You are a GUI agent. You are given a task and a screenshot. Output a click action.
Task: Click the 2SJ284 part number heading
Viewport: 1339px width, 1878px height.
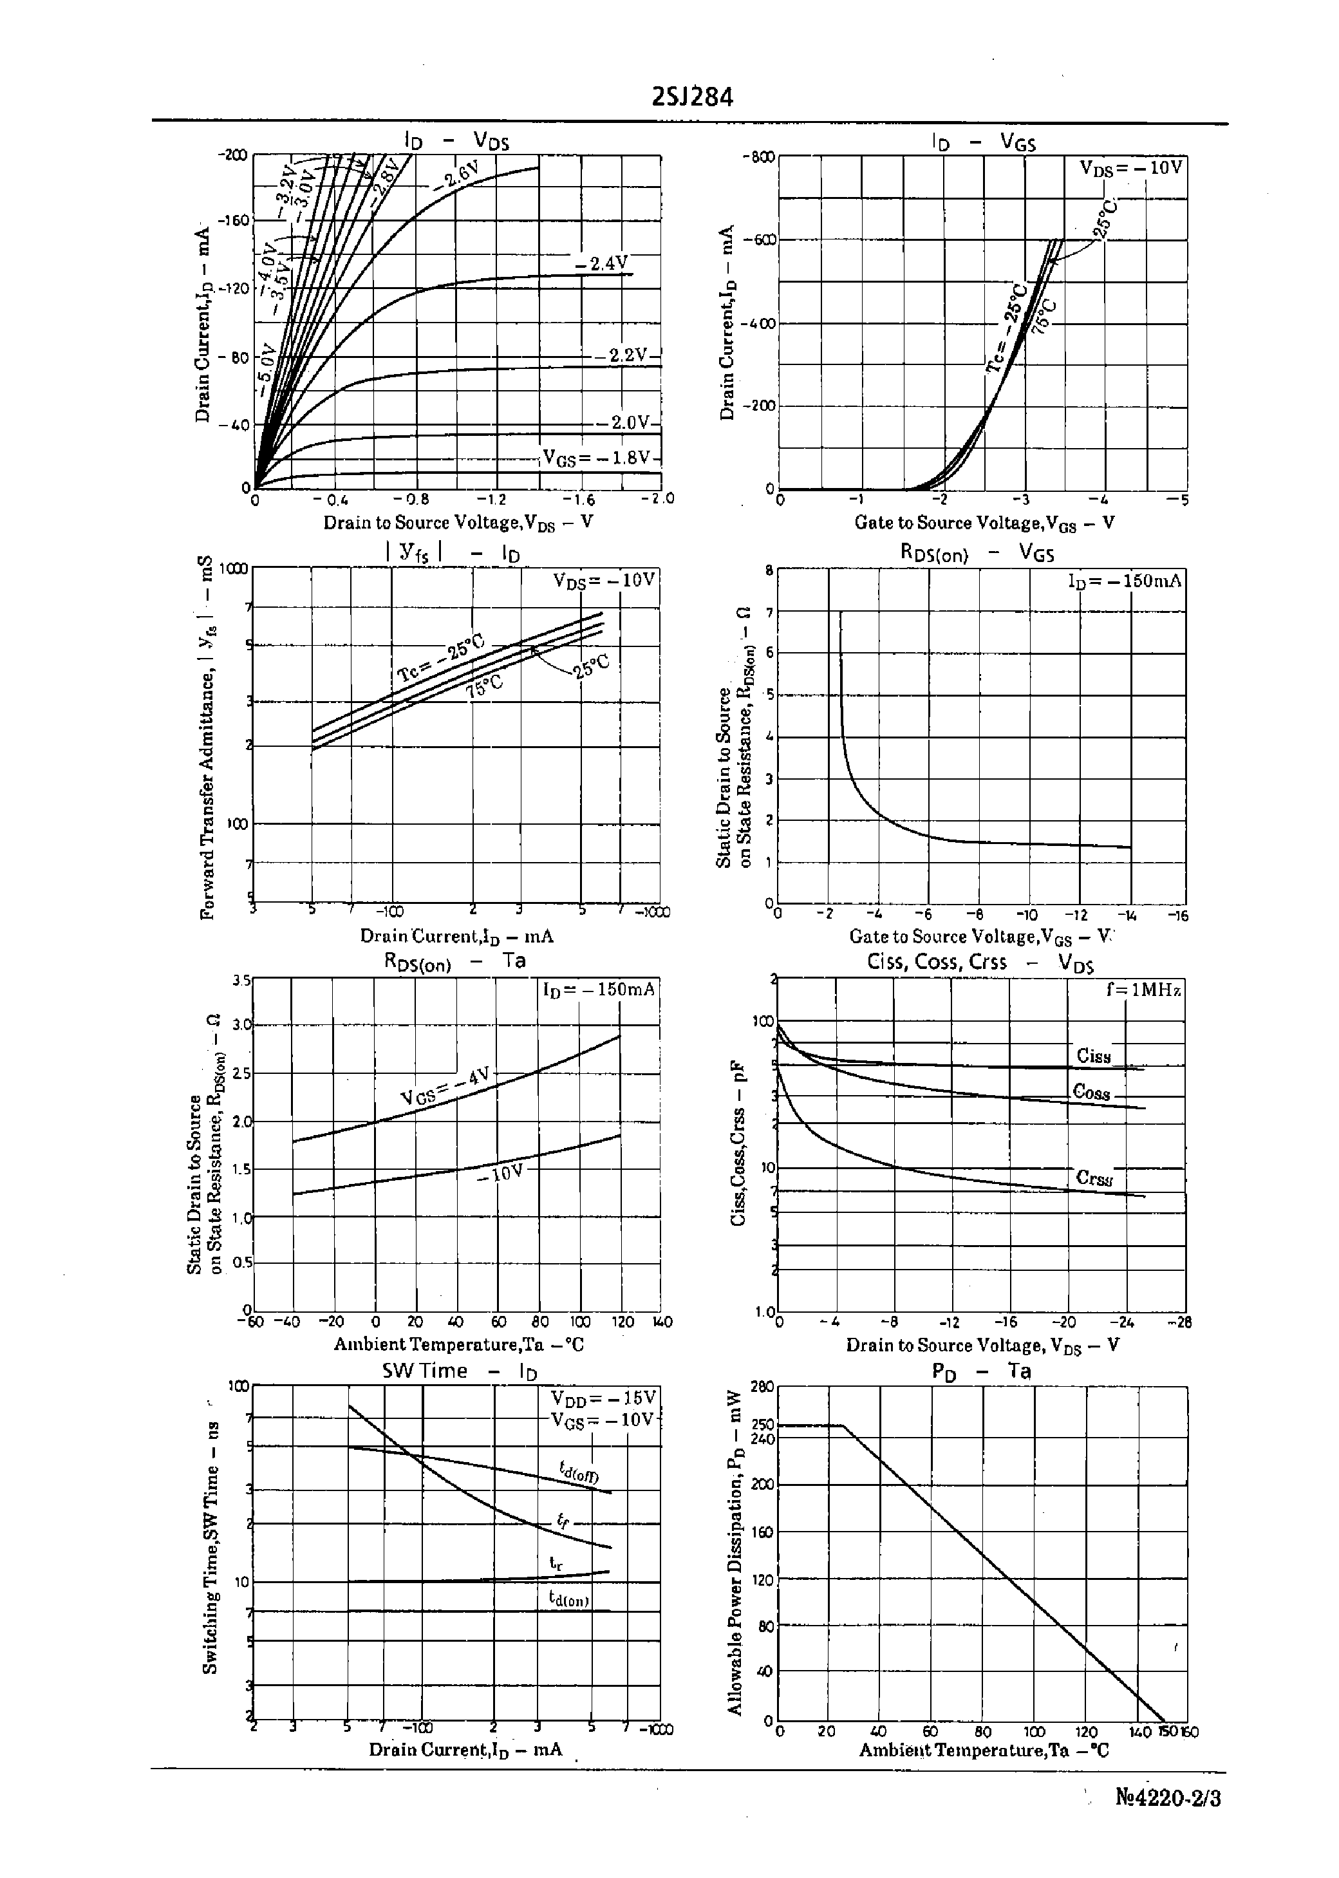(x=692, y=98)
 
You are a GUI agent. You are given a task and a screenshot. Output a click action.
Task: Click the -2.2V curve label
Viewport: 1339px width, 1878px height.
(x=622, y=355)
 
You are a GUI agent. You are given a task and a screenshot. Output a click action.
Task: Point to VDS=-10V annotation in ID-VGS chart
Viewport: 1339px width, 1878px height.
(x=1131, y=167)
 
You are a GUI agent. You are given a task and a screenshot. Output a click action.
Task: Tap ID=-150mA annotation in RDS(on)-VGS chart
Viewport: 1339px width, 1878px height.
(x=1125, y=581)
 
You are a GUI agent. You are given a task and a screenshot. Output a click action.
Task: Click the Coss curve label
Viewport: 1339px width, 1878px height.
(x=1092, y=1093)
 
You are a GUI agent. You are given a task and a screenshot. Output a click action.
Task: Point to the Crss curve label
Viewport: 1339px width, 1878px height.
(x=1094, y=1178)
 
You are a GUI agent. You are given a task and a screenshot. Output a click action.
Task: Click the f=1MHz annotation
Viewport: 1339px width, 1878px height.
(x=1143, y=990)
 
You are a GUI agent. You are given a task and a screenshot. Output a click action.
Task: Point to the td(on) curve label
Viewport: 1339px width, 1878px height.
(x=569, y=1599)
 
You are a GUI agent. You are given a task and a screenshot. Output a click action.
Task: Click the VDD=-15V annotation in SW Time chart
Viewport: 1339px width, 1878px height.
(x=602, y=1398)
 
